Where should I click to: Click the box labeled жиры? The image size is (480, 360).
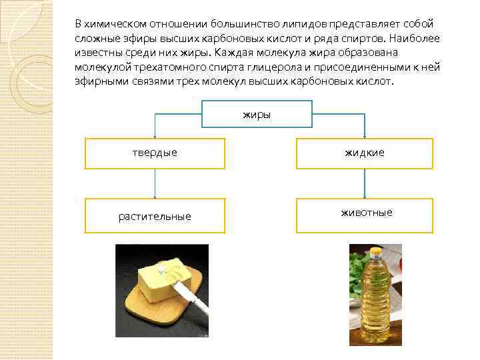point(257,114)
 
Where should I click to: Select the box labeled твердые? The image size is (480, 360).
point(155,153)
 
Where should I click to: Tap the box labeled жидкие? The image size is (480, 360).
point(365,153)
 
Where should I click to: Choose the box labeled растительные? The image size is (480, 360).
point(155,216)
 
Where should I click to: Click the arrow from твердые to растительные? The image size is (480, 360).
point(155,183)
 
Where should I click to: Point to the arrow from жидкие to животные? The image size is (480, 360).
point(364,183)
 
